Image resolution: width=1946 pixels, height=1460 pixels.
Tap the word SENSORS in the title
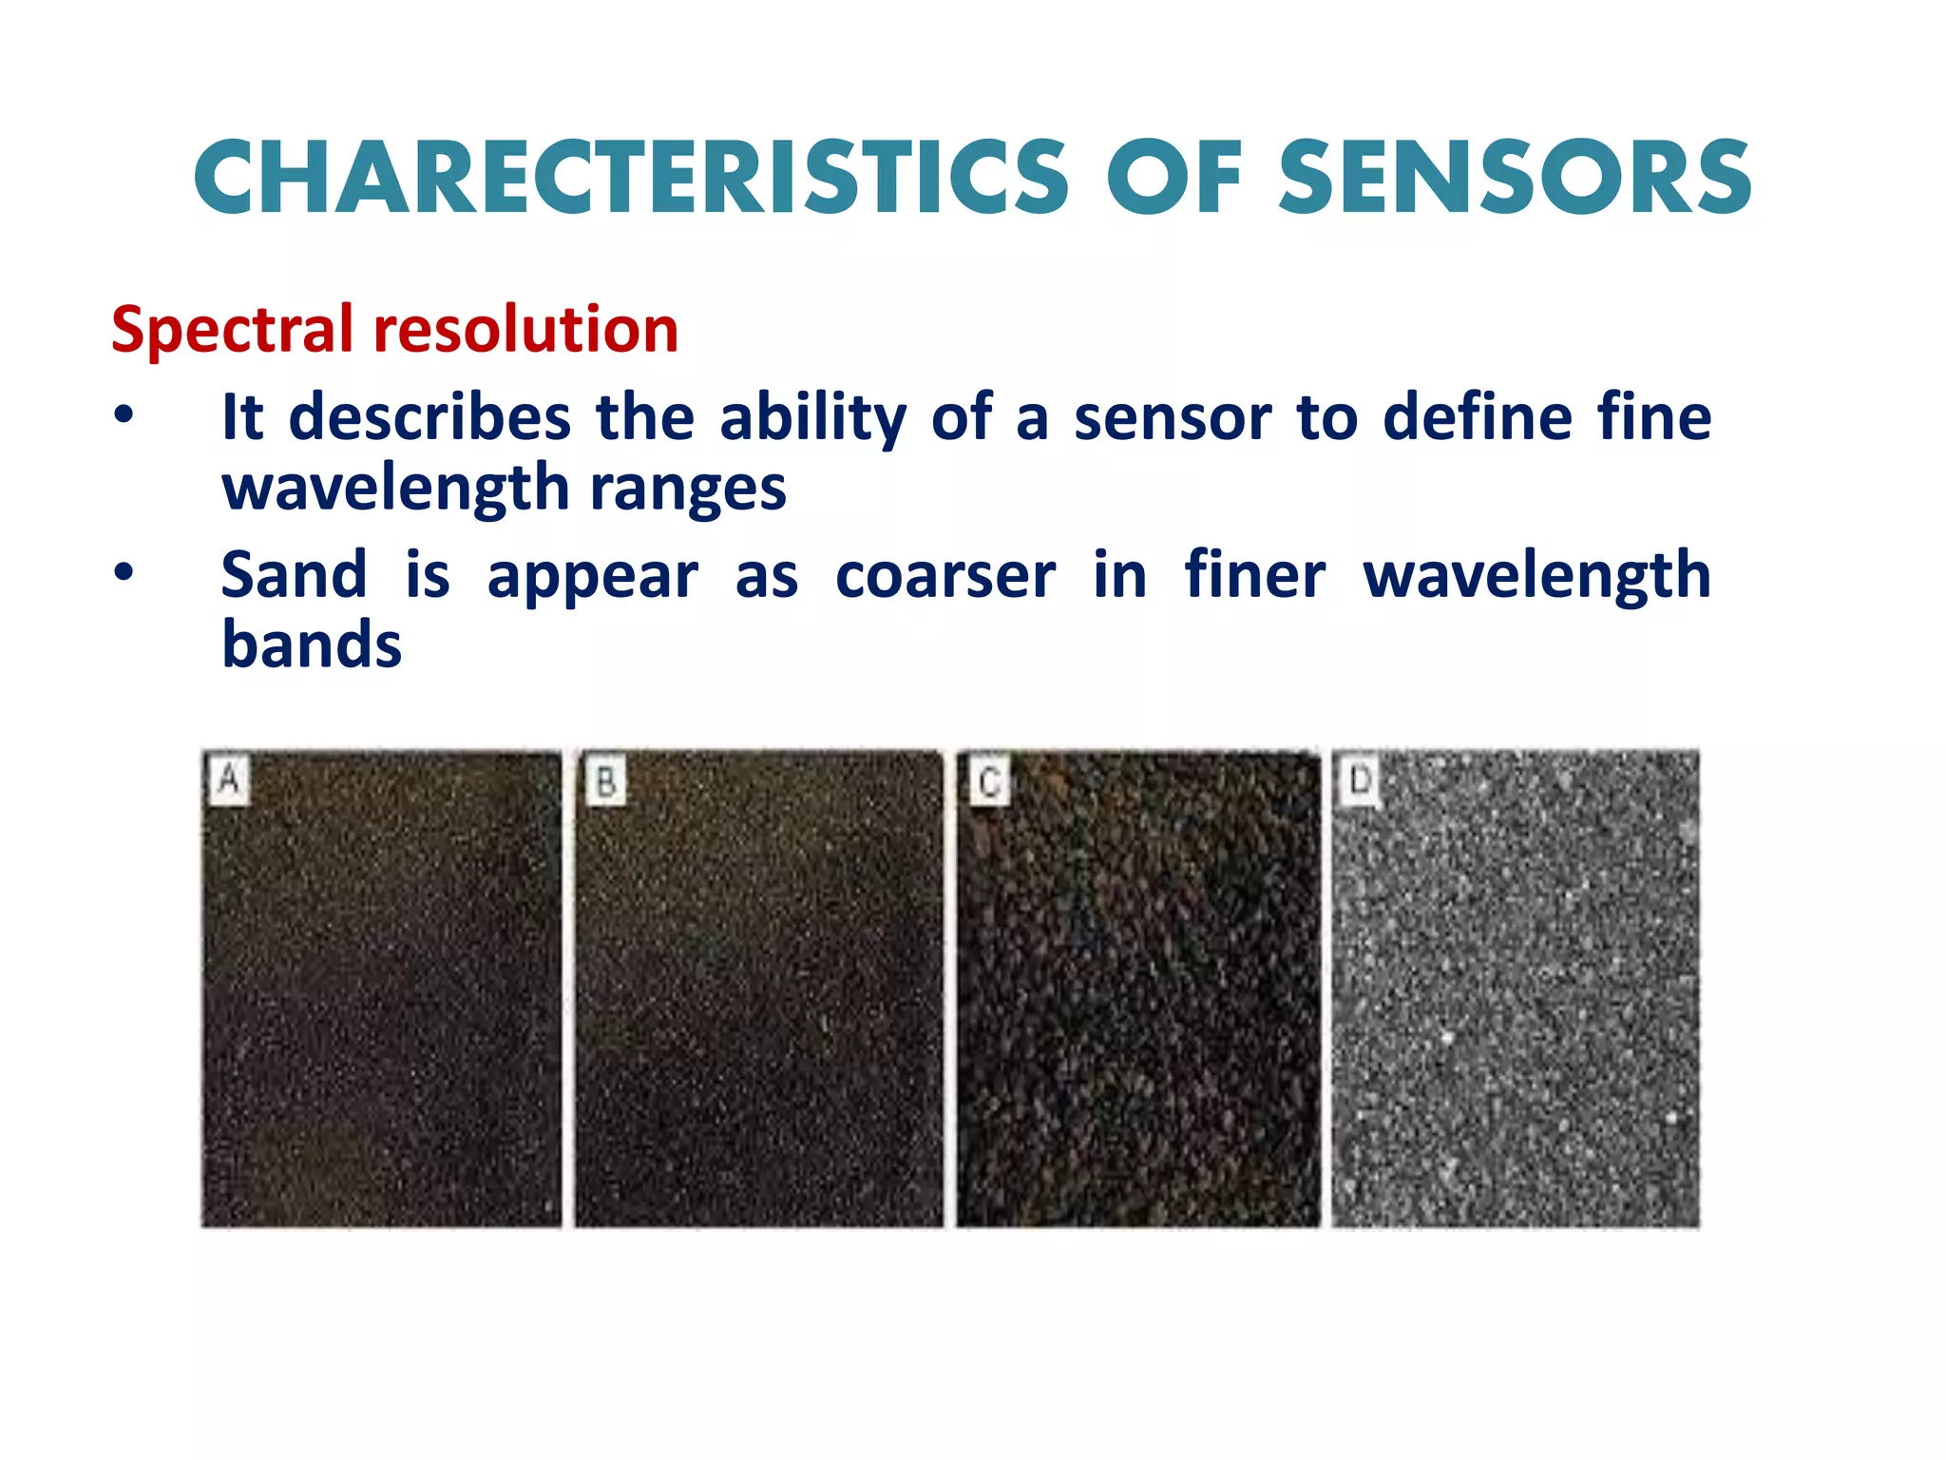(x=1515, y=178)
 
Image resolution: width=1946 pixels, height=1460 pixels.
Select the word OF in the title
(x=1174, y=178)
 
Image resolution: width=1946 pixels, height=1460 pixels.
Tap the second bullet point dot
(x=124, y=572)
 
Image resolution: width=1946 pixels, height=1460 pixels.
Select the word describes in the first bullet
(x=429, y=417)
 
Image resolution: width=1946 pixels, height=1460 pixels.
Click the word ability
(x=812, y=418)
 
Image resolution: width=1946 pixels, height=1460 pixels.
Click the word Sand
(x=294, y=575)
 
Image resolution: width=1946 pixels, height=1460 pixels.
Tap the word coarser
(x=944, y=577)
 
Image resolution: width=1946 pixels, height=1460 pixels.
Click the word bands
(x=312, y=645)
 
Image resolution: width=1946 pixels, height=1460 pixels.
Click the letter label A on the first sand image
(x=229, y=779)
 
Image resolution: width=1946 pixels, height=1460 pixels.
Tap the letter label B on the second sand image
(x=605, y=781)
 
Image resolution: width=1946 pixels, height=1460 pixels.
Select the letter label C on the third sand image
(x=988, y=782)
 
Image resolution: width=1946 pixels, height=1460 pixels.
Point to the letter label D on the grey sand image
(x=1360, y=779)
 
